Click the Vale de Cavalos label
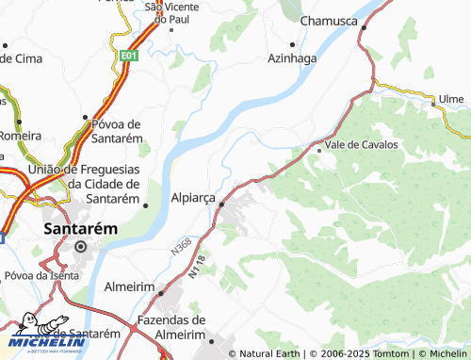click(x=361, y=145)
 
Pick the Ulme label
click(x=451, y=99)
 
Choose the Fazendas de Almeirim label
click(x=171, y=327)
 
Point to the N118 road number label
click(x=195, y=268)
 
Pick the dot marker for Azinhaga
click(x=294, y=43)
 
